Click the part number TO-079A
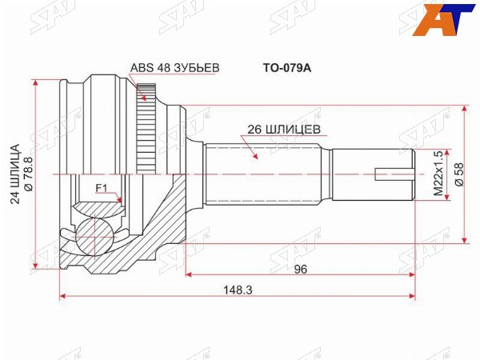pos(287,68)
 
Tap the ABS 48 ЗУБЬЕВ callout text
pos(174,68)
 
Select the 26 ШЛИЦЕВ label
pos(284,130)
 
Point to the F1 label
pos(101,189)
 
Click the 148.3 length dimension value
pos(238,290)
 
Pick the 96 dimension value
pos(300,269)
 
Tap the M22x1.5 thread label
pos(438,174)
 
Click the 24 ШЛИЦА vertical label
pos(15,174)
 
